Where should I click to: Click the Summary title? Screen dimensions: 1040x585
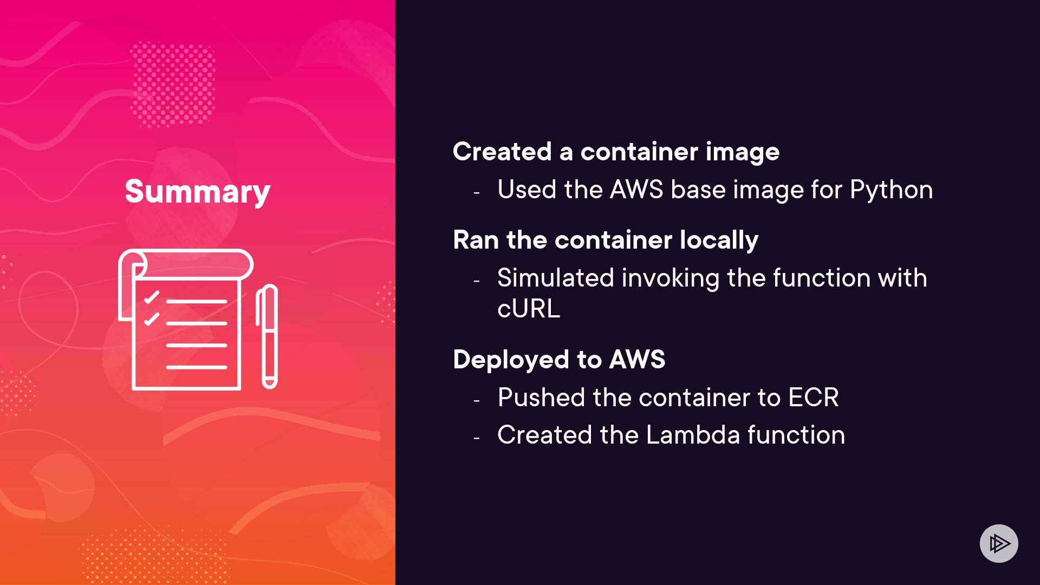point(197,191)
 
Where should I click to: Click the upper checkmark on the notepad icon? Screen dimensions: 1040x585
point(152,297)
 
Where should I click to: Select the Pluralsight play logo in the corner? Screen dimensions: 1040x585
point(999,543)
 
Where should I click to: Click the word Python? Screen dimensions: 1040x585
point(891,190)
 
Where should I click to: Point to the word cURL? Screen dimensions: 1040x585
point(529,309)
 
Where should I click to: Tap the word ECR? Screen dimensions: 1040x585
point(813,398)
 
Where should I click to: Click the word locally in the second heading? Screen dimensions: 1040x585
point(719,240)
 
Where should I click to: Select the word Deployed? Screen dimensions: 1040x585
point(511,360)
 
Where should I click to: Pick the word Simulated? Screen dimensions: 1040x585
point(555,278)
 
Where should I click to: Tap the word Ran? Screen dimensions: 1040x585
point(476,240)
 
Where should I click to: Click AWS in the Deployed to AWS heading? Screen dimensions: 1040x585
point(637,360)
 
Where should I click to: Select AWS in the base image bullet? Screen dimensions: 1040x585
point(636,190)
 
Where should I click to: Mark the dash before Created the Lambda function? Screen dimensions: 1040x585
point(477,438)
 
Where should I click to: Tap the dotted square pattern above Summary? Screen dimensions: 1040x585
point(173,84)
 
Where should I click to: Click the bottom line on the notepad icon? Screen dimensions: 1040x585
point(196,367)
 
